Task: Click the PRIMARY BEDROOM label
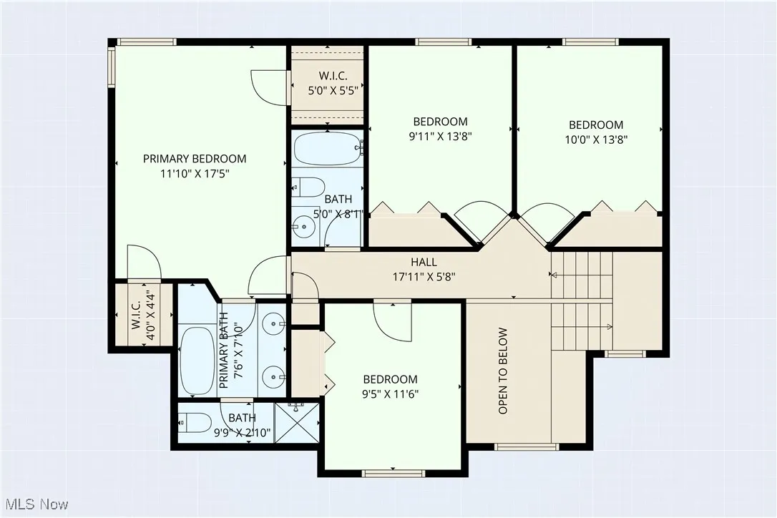pos(195,159)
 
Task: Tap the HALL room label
pos(424,263)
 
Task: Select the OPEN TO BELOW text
pos(503,371)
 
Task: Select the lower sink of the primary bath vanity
pos(272,375)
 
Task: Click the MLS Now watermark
pos(35,504)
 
